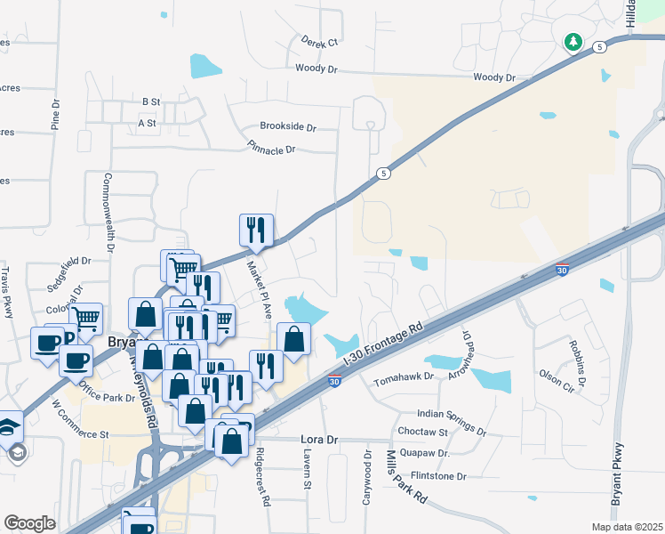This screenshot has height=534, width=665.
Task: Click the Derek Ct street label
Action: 321,42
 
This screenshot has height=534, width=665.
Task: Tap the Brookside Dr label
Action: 288,127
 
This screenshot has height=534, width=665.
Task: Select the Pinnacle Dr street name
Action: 271,150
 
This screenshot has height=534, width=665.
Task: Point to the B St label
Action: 149,102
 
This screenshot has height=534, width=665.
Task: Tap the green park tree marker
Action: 573,41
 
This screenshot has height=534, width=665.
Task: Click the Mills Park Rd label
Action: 405,477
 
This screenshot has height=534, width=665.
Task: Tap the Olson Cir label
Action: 557,388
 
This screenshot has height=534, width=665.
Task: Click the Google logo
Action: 29,522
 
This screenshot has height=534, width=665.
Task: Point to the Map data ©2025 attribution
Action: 628,527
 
